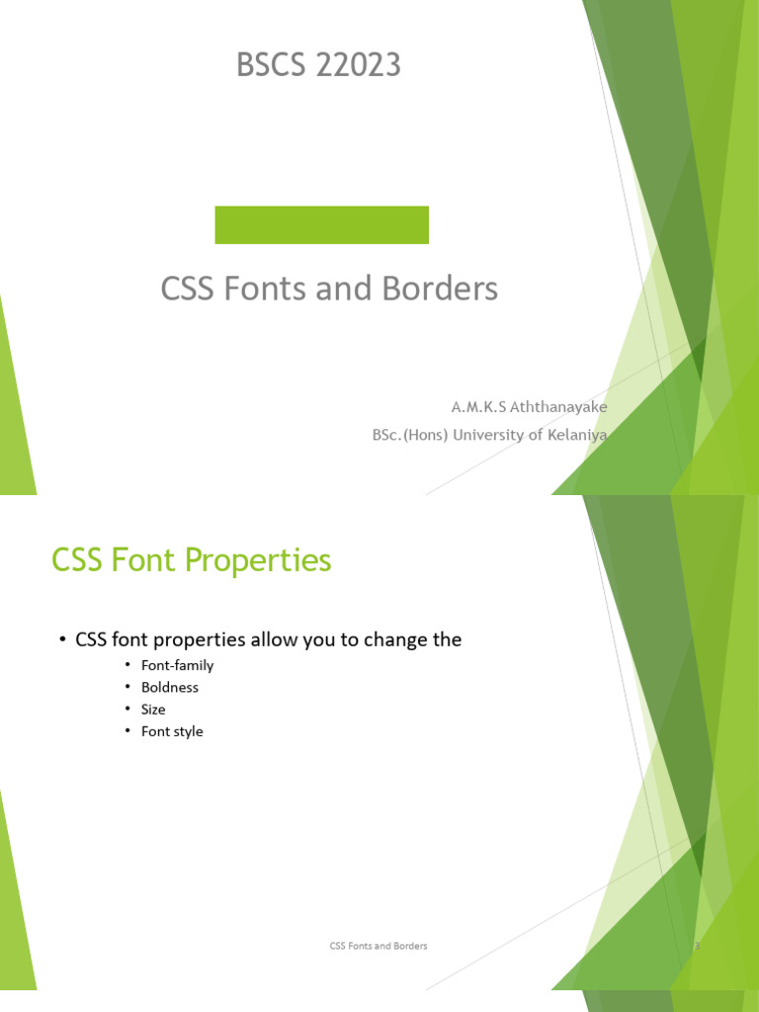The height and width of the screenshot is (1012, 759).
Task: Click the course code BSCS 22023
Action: point(318,66)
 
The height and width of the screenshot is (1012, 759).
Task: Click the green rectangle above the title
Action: point(321,224)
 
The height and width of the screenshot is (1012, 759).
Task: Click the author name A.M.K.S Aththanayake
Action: point(529,407)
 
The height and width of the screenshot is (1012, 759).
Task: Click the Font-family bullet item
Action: point(177,665)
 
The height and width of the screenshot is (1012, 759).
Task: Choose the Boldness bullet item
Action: point(170,687)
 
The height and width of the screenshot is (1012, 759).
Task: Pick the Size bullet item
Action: point(153,710)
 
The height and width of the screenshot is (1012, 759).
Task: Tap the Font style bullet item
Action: point(172,731)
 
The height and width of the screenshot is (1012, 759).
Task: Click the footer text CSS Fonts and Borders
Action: point(379,946)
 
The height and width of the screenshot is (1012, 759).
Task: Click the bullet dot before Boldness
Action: point(127,687)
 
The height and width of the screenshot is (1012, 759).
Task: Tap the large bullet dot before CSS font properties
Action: point(61,640)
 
